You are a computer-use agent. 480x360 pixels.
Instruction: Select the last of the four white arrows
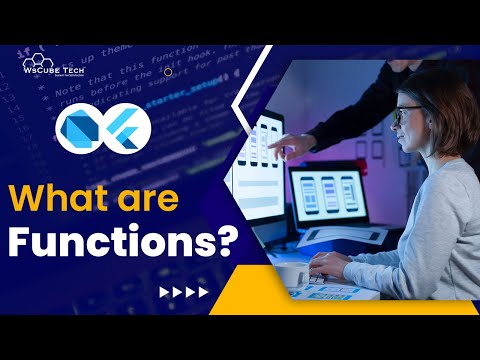(203, 292)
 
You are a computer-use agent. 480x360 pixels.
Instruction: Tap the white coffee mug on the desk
(291, 270)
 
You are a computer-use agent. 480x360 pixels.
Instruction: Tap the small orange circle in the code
(167, 72)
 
